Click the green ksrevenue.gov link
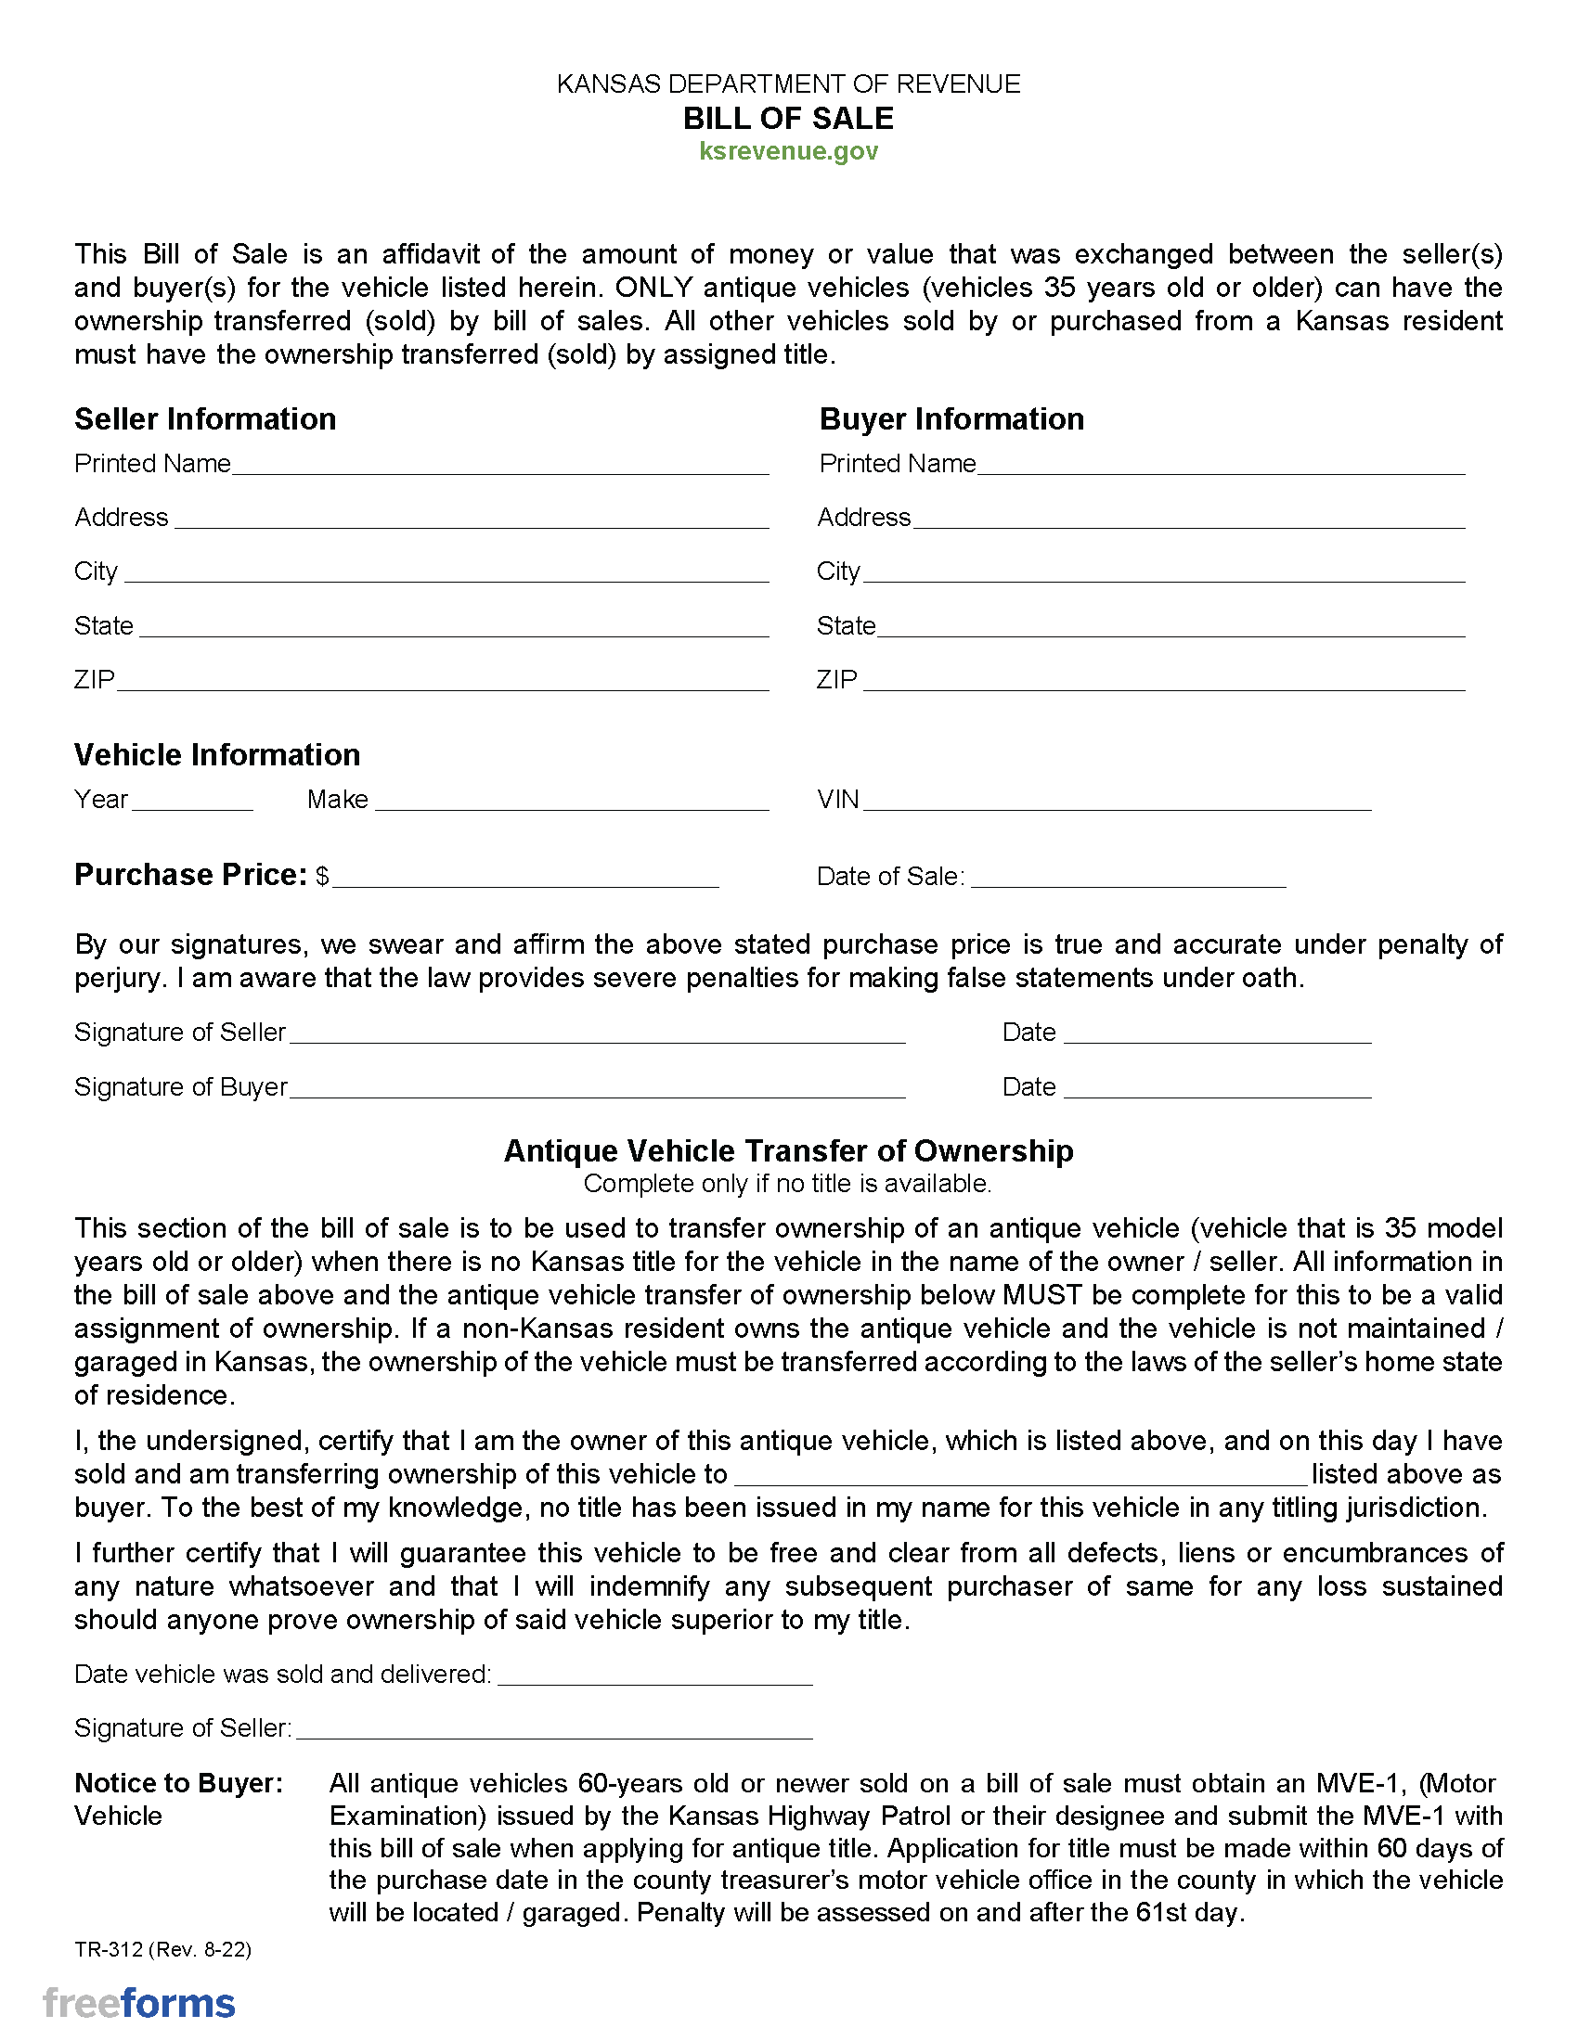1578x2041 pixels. [788, 151]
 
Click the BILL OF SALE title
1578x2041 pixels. [788, 119]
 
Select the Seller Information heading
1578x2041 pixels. [205, 418]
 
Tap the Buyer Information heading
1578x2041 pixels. [951, 418]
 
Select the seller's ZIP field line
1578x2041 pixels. [442, 682]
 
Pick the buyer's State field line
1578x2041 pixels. [1171, 628]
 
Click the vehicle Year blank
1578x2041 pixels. [192, 802]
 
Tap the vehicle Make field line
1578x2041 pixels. [571, 802]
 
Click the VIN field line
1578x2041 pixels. [1117, 802]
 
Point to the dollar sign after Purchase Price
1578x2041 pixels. [321, 877]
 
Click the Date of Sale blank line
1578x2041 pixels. [1129, 879]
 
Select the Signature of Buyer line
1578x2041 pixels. [598, 1089]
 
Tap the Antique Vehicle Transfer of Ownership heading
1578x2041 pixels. [788, 1150]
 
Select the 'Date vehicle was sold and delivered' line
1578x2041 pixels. [654, 1675]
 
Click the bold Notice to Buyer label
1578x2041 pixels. [178, 1783]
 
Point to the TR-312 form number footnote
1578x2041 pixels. [162, 1949]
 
